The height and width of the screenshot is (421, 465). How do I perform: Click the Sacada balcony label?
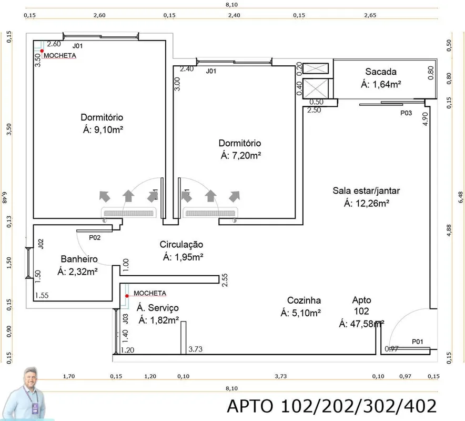tap(381, 72)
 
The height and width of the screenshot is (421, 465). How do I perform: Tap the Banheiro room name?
tap(79, 259)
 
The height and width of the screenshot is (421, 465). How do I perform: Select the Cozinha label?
tap(304, 300)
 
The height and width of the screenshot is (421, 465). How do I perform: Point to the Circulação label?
tap(181, 245)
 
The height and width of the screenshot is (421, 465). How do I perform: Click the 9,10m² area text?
tap(108, 129)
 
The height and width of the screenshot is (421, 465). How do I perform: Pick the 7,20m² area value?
tap(246, 155)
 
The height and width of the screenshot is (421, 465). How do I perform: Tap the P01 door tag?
tap(418, 342)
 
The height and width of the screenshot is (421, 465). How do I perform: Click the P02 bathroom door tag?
tap(95, 238)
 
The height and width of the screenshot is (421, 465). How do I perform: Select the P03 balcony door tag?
tap(406, 113)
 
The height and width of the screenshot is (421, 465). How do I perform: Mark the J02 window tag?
tap(41, 244)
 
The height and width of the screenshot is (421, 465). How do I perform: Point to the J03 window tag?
tap(125, 319)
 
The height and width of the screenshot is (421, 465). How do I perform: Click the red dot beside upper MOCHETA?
tap(42, 51)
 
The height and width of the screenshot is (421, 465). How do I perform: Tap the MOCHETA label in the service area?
tap(150, 293)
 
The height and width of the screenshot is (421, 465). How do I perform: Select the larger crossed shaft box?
tap(316, 88)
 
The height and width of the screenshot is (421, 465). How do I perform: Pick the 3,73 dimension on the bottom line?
tap(280, 376)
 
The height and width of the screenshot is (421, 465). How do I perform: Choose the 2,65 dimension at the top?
tap(370, 15)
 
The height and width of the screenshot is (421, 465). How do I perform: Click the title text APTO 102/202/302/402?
tap(332, 406)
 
